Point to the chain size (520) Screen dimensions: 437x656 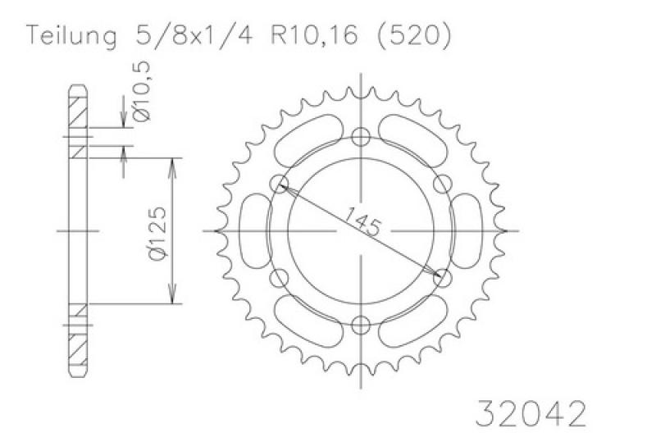[415, 36]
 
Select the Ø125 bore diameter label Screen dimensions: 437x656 [159, 232]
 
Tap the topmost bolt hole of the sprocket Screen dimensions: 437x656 [360, 137]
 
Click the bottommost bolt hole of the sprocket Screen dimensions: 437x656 [360, 325]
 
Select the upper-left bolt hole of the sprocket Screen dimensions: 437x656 [278, 184]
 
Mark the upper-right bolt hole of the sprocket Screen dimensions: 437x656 [442, 184]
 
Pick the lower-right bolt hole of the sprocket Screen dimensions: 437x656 [442, 279]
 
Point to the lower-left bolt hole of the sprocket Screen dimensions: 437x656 [278, 279]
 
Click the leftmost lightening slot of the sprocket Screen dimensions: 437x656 [256, 231]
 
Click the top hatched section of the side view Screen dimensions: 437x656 [76, 107]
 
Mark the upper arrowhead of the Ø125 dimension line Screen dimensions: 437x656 [172, 164]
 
